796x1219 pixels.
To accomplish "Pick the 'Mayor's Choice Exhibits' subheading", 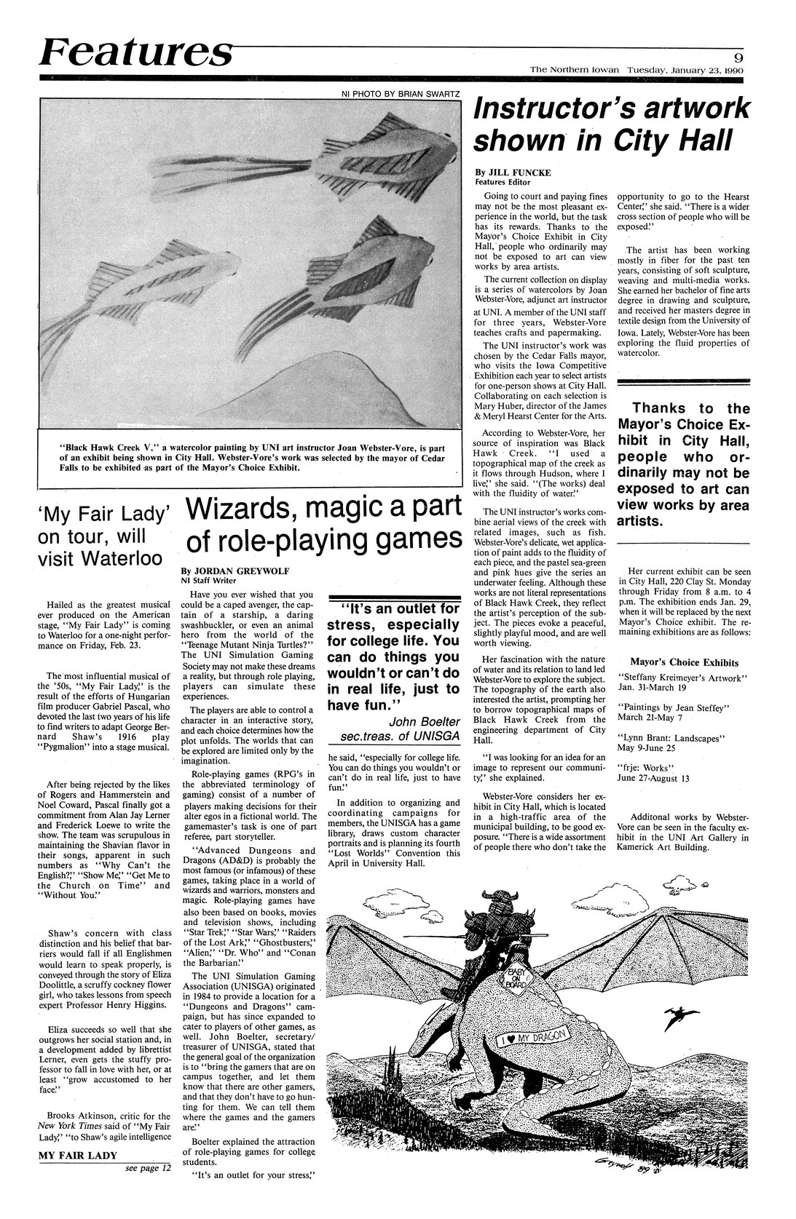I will (x=684, y=663).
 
